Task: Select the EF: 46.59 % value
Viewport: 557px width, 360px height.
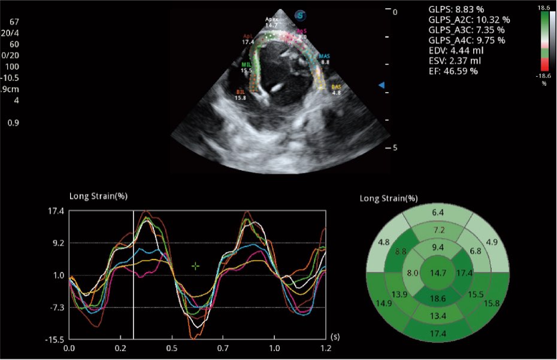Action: [x=453, y=71]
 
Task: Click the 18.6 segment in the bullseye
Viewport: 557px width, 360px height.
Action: [x=438, y=297]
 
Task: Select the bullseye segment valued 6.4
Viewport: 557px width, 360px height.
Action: [x=438, y=213]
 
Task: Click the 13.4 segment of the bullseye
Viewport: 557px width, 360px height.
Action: [x=438, y=316]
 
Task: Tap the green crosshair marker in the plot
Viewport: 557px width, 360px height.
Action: [x=195, y=266]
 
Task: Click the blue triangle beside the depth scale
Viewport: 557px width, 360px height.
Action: [x=380, y=86]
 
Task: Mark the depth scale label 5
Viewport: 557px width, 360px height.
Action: [x=394, y=147]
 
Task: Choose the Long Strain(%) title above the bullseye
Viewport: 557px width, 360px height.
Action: [x=389, y=198]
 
